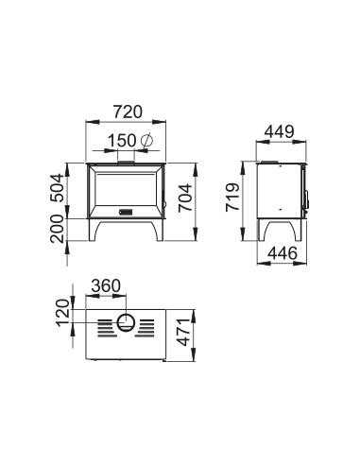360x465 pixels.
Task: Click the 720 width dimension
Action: point(128,112)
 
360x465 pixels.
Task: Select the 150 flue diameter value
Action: point(122,141)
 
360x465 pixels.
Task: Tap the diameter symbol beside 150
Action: point(146,141)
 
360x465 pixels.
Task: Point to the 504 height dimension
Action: point(58,188)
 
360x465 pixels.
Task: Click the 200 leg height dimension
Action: point(58,229)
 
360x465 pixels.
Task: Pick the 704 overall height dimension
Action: point(184,198)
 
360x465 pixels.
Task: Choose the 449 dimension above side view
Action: point(280,131)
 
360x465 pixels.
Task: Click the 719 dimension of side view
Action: point(232,198)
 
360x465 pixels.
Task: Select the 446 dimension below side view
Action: point(283,253)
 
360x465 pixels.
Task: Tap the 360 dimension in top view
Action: point(106,286)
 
